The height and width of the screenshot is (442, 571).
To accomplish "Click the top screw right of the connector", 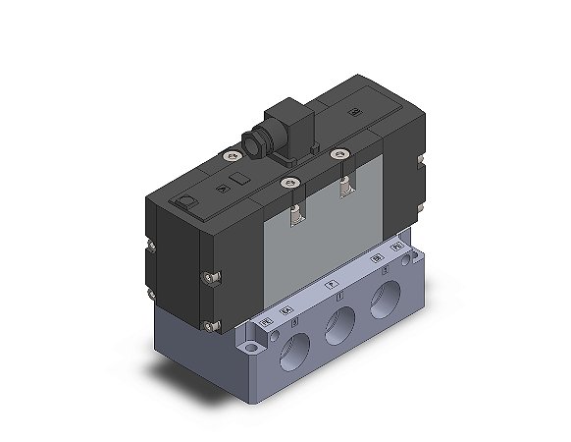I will click(339, 152).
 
